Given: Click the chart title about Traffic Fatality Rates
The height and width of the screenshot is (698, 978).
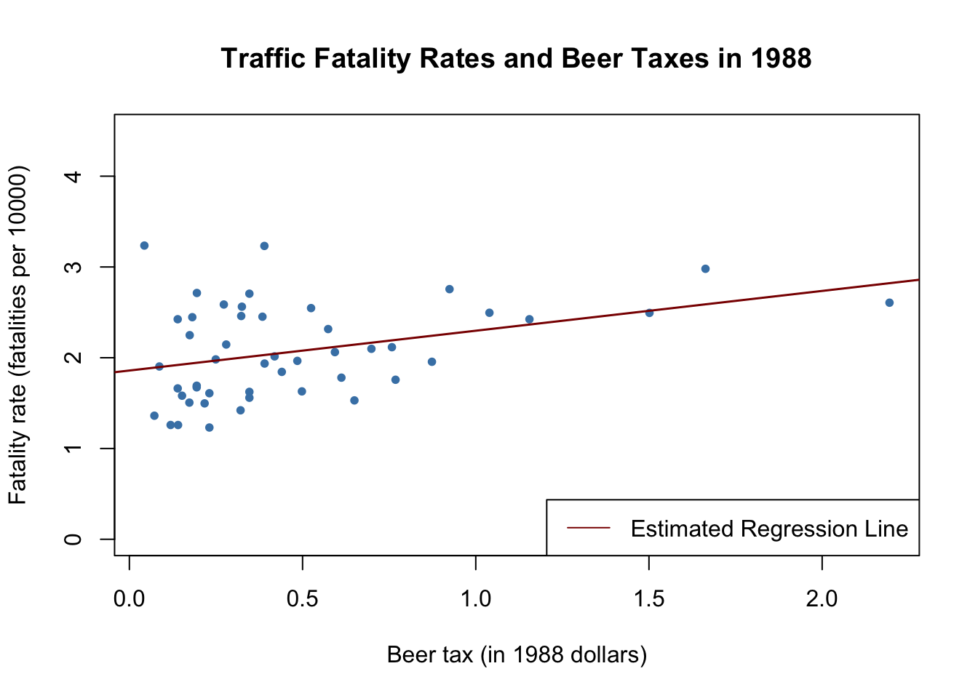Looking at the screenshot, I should (x=516, y=58).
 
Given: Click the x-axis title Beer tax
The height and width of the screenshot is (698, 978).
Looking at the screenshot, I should (x=517, y=654).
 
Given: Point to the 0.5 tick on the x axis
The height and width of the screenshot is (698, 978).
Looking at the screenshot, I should (x=302, y=599).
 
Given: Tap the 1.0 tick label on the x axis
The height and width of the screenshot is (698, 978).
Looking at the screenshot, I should (x=475, y=599).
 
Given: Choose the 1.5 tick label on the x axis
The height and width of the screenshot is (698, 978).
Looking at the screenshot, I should (x=648, y=599).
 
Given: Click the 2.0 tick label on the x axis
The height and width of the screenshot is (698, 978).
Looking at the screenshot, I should (x=822, y=599).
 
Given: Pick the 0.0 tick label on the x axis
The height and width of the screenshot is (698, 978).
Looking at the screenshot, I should (x=130, y=599).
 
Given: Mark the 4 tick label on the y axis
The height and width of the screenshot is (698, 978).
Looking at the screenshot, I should (x=73, y=176).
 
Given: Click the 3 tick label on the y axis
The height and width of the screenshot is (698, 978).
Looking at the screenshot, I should (x=73, y=267).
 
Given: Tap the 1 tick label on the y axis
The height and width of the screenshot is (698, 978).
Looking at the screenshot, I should (x=73, y=449).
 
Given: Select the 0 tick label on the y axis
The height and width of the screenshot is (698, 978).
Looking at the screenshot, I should (x=73, y=539).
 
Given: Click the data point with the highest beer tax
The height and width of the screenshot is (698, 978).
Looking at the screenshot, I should (x=889, y=302).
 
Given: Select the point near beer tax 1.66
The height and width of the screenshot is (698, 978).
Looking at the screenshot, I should (x=705, y=269).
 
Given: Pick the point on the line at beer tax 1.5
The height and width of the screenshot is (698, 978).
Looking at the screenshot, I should (x=649, y=313).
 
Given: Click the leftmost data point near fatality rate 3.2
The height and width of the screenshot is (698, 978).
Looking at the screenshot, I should (x=144, y=246).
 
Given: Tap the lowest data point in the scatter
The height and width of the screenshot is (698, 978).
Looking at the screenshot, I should (x=209, y=428).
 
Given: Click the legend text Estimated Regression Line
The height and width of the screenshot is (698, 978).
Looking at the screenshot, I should (x=769, y=529).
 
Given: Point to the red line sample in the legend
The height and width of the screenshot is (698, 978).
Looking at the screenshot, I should (x=589, y=529).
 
